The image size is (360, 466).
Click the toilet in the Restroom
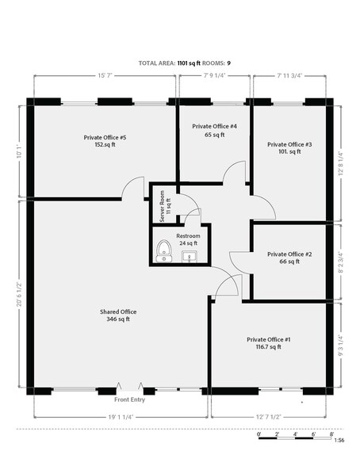[x=164, y=251]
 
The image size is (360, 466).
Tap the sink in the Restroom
[x=190, y=257]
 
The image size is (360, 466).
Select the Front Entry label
[x=129, y=399]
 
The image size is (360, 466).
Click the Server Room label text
[x=162, y=206]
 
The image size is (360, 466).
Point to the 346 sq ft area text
[x=118, y=319]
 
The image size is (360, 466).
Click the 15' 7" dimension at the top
[x=105, y=76]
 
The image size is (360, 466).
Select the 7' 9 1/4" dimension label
[x=215, y=76]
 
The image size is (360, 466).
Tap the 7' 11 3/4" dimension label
[x=289, y=76]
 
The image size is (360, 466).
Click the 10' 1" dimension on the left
[x=20, y=151]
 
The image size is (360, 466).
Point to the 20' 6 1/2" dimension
[x=20, y=293]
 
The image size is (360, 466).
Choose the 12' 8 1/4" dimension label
[x=341, y=163]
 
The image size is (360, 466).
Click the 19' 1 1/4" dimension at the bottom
[x=120, y=417]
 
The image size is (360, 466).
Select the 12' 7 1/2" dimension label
[x=269, y=417]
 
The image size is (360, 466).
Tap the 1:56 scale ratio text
[x=339, y=440]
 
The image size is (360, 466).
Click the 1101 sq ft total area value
[x=189, y=63]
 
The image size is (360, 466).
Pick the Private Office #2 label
[x=289, y=254]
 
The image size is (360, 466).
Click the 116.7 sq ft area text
[x=269, y=347]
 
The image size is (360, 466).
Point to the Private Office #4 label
[x=214, y=127]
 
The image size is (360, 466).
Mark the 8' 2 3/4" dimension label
[x=341, y=263]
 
